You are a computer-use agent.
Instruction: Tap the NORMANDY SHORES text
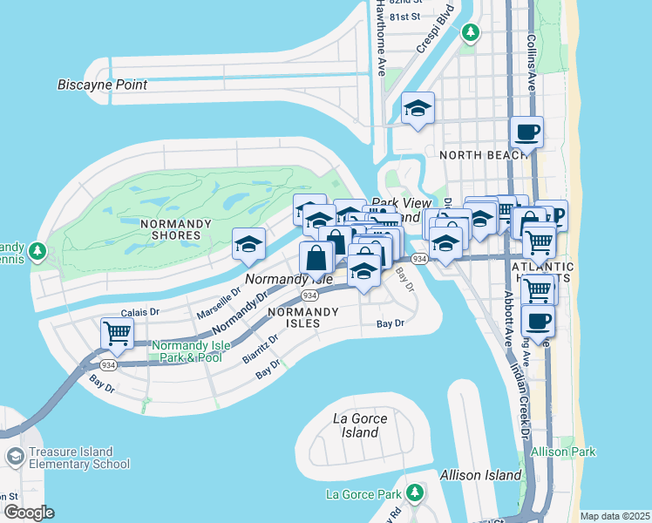176,229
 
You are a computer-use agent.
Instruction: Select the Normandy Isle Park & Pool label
191,351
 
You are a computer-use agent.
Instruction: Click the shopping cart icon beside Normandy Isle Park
116,332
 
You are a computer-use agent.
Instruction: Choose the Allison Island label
481,475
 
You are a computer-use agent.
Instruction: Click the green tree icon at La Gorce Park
414,493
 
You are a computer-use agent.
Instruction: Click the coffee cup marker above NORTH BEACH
526,132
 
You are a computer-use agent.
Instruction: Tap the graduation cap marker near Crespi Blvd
418,108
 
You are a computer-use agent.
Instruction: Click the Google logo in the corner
29,512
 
